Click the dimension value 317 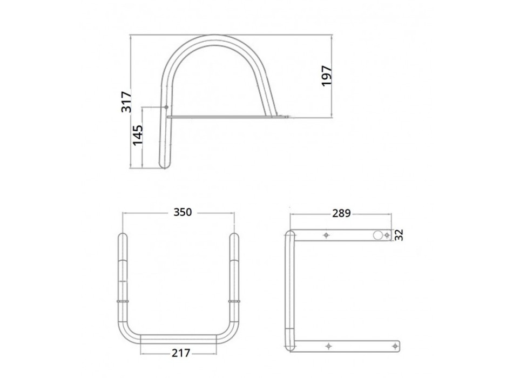tap(126, 102)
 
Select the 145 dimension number tap(138, 135)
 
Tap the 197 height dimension tap(327, 76)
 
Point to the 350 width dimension tap(183, 212)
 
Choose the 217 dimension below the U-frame tap(181, 353)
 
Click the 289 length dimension tap(342, 213)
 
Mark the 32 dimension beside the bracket tap(399, 235)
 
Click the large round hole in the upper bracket tap(377, 235)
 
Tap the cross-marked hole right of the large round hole tap(387, 235)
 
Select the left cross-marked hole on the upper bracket tap(326, 235)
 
